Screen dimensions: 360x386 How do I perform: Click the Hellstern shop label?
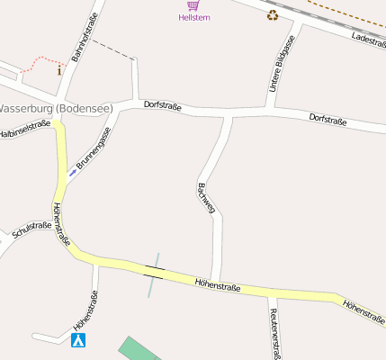pyautogui.click(x=193, y=17)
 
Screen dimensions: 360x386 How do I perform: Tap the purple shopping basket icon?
pyautogui.click(x=193, y=5)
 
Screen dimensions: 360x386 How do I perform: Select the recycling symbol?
pyautogui.click(x=273, y=14)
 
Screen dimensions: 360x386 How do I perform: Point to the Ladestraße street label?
pyautogui.click(x=369, y=40)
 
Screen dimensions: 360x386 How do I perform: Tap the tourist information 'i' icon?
pyautogui.click(x=60, y=69)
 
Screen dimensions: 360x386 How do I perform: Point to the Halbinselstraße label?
pyautogui.click(x=24, y=130)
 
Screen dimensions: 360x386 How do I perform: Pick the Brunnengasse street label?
pyautogui.click(x=94, y=148)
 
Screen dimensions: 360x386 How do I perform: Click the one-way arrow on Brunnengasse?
pyautogui.click(x=72, y=171)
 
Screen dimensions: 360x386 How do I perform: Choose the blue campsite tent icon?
pyautogui.click(x=78, y=340)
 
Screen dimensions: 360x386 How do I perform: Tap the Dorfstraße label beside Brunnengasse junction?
pyautogui.click(x=162, y=107)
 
